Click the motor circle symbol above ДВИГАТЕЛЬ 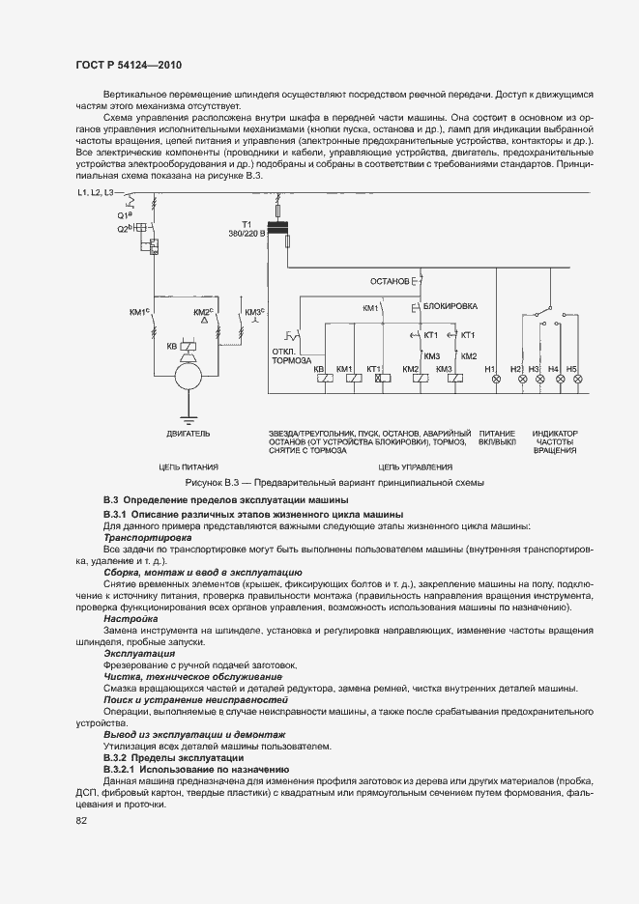pyautogui.click(x=185, y=378)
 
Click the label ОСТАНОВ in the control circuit pyautogui.click(x=389, y=281)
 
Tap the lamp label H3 pyautogui.click(x=534, y=368)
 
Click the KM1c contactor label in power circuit pyautogui.click(x=138, y=311)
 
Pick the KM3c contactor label pyautogui.click(x=255, y=311)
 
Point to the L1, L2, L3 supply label pyautogui.click(x=95, y=194)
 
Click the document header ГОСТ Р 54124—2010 pyautogui.click(x=129, y=64)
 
